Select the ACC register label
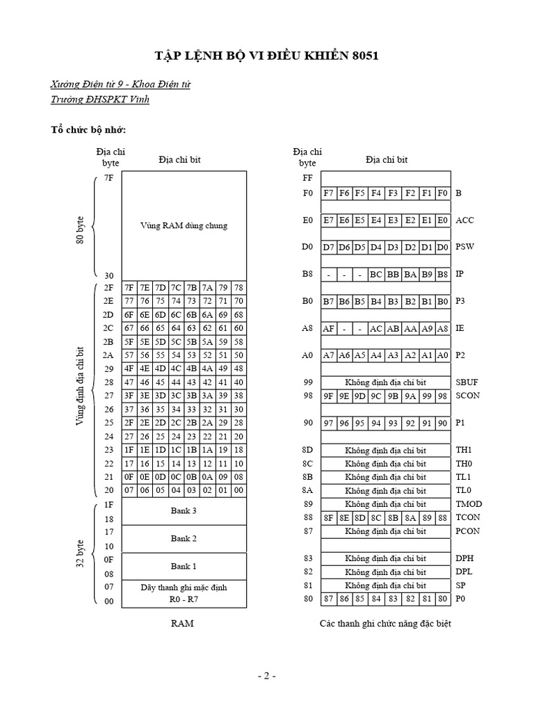tap(464, 220)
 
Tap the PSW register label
tap(464, 247)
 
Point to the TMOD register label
tap(469, 504)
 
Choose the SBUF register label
tap(467, 382)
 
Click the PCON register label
tap(468, 531)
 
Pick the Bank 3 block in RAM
tap(184, 511)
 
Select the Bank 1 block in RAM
tap(184, 566)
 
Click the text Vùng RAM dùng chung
tap(184, 225)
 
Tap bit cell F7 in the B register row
tap(329, 193)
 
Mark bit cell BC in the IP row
tap(376, 275)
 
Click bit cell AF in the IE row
tap(329, 328)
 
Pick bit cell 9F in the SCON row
tap(329, 396)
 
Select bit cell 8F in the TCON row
tap(329, 517)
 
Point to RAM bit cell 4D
tap(161, 369)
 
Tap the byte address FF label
tap(308, 178)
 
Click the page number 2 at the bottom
tap(266, 676)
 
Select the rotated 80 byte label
tap(81, 229)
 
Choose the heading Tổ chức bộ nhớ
tap(88, 130)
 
